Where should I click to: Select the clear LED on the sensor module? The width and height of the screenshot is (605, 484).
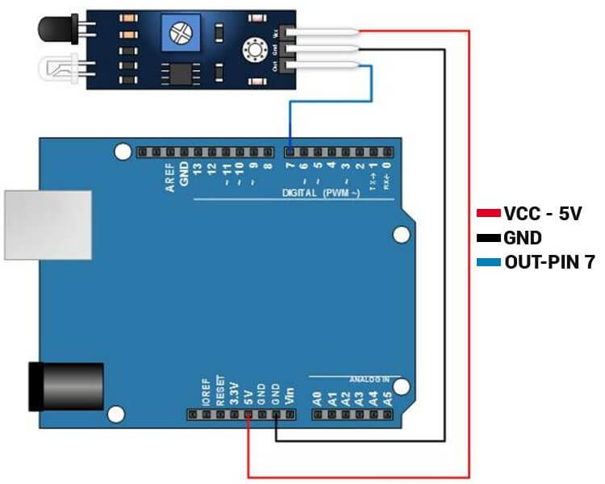[x=50, y=69]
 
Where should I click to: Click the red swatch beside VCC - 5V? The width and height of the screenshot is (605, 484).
[x=489, y=214]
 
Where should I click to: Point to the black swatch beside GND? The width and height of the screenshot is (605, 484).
[x=489, y=238]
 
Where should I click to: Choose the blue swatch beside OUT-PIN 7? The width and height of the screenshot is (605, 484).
[x=489, y=262]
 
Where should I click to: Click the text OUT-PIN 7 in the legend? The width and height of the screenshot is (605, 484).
[x=549, y=262]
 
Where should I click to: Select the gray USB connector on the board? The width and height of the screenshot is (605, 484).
[x=48, y=225]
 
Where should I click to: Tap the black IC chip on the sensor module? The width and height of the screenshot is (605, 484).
[x=178, y=73]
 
